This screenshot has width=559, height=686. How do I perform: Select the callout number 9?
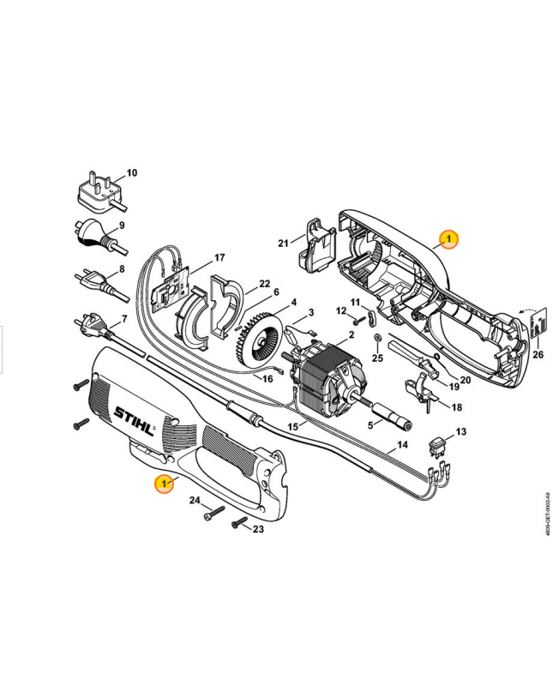(x=122, y=226)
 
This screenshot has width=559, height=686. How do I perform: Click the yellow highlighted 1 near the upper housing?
(x=449, y=239)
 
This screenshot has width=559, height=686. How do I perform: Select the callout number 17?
(x=219, y=257)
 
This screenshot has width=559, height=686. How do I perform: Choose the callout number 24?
(x=195, y=500)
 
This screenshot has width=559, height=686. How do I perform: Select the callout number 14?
(x=400, y=445)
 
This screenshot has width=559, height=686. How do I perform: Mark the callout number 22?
(x=265, y=283)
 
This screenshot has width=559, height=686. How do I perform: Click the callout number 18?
(x=457, y=407)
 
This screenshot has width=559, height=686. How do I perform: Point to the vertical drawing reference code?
(x=547, y=514)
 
